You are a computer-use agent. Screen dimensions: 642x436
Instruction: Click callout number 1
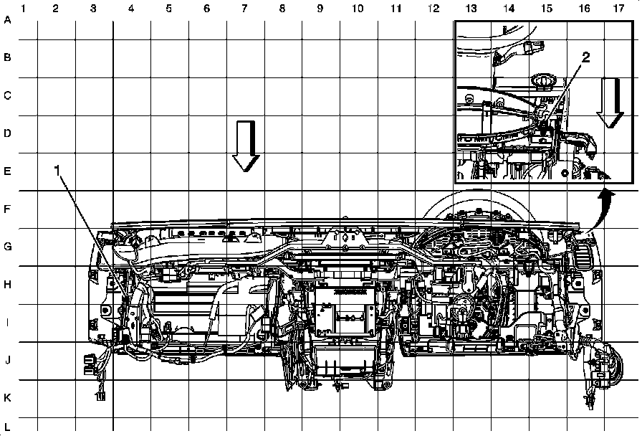tap(58, 170)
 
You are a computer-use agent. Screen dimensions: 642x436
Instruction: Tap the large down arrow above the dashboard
tap(246, 146)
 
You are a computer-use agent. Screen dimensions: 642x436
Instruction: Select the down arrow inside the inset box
tap(610, 103)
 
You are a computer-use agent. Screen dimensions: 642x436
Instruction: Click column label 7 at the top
tap(244, 9)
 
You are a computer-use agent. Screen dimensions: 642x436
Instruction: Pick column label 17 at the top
tap(618, 9)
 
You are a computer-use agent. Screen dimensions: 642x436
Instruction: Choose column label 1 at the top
tap(24, 9)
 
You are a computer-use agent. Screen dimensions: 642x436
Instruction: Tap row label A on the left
tap(8, 20)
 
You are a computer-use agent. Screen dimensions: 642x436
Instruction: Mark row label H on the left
tap(8, 285)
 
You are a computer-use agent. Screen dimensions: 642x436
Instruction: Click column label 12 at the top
tap(433, 9)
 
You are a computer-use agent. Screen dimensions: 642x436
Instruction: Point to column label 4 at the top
tap(131, 9)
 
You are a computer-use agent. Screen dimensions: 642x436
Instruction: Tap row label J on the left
tap(8, 360)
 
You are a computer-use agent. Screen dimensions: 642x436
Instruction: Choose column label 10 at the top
tap(358, 9)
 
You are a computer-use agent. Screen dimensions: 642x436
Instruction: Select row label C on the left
tap(8, 95)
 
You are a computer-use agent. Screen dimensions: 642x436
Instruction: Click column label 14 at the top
tap(508, 9)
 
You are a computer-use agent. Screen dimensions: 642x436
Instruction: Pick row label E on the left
tap(8, 171)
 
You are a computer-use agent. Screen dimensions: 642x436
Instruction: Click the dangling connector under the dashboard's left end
tap(100, 393)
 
